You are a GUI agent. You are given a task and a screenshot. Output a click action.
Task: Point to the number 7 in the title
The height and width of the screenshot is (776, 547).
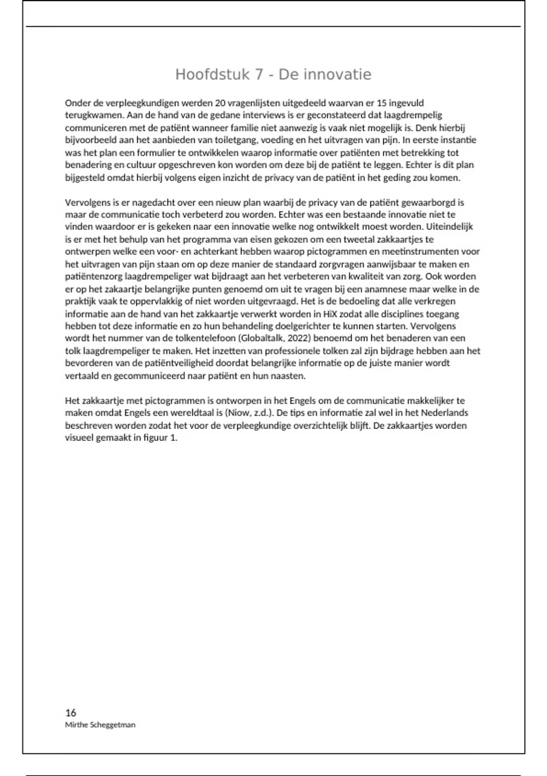[259, 74]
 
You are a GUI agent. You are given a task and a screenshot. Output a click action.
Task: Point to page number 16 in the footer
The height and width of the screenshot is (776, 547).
[71, 713]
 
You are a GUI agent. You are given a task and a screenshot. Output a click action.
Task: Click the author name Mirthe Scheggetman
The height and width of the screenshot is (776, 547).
[100, 725]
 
